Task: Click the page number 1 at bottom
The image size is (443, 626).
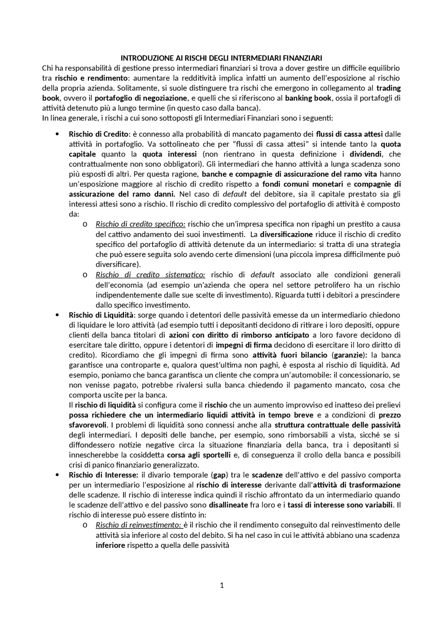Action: pos(222,585)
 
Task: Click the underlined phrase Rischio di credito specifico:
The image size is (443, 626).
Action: pos(141,224)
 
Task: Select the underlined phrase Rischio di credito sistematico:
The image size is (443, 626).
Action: pos(150,275)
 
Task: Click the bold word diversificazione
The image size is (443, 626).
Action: pos(286,234)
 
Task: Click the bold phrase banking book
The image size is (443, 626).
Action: pos(308,98)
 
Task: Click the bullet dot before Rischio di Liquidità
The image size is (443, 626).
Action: pos(57,315)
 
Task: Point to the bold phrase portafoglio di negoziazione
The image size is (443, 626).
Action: pos(141,98)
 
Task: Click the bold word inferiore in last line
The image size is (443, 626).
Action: pos(110,545)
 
